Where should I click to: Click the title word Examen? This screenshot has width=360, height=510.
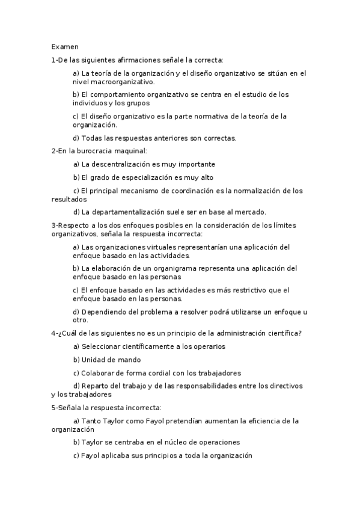point(61,46)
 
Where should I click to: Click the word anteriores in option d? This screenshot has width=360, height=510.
point(169,138)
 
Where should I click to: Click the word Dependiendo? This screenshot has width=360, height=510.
point(103,312)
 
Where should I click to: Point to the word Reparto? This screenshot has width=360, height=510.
point(95,386)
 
